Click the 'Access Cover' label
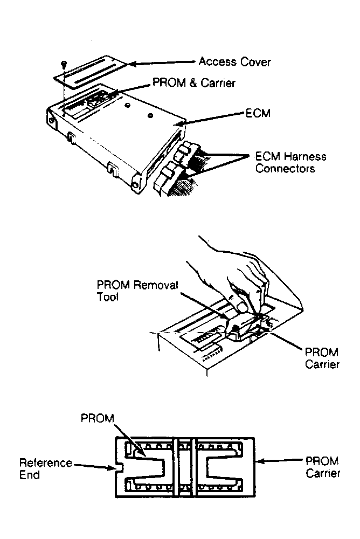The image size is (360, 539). tap(234, 61)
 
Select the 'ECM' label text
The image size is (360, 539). tap(254, 115)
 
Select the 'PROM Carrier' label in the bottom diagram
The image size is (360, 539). tap(322, 467)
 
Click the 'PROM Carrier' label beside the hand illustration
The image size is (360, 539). tap(322, 358)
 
